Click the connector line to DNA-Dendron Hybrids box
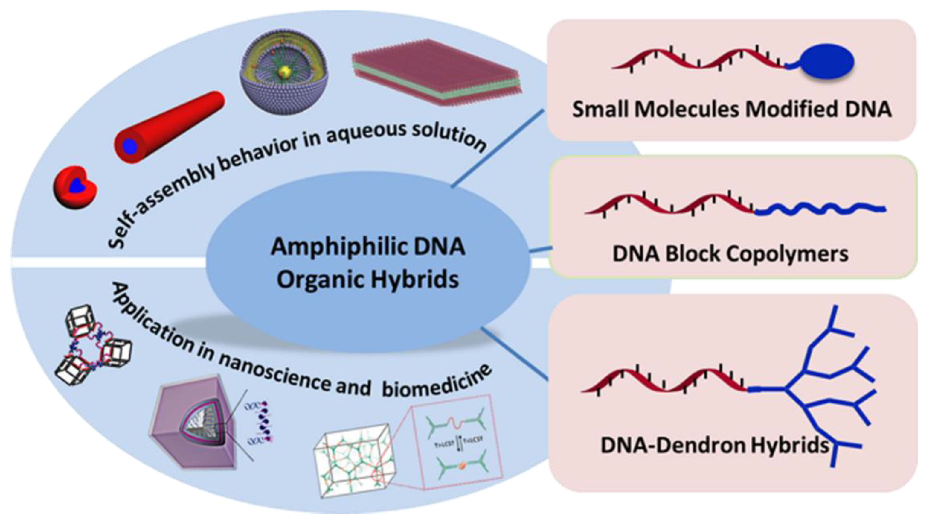click(x=515, y=353)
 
